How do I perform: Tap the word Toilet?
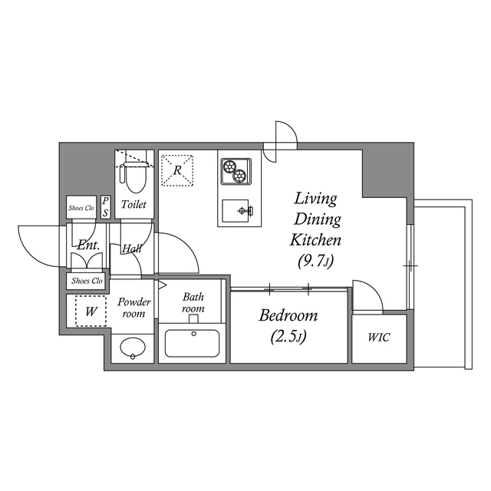(x=134, y=205)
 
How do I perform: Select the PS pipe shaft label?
(x=105, y=206)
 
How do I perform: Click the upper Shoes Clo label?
(x=81, y=207)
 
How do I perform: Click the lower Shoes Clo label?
(x=86, y=281)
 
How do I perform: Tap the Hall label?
(x=130, y=248)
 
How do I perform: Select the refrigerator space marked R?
(x=178, y=170)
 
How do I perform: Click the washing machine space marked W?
(x=90, y=311)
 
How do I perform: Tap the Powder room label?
(x=133, y=308)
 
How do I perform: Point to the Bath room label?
(x=193, y=302)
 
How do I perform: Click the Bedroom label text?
(x=288, y=316)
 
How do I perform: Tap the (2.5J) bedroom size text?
(x=288, y=336)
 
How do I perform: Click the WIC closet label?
(x=377, y=338)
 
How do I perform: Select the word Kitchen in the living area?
(x=315, y=239)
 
